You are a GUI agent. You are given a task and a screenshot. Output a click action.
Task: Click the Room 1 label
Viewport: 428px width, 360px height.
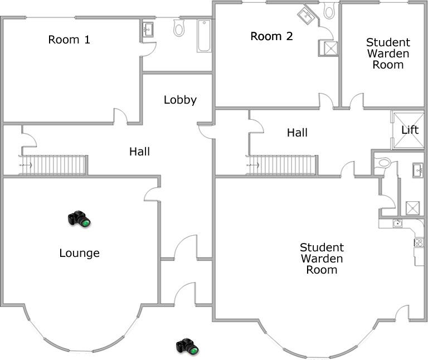pyautogui.click(x=69, y=40)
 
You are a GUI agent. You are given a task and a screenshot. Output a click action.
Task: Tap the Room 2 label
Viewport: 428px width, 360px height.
pyautogui.click(x=271, y=37)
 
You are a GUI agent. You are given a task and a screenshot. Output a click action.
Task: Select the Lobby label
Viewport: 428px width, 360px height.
pyautogui.click(x=180, y=100)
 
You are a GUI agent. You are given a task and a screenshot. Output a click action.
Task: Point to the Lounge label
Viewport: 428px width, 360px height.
pyautogui.click(x=79, y=254)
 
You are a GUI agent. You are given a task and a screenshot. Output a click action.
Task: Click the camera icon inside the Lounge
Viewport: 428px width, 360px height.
pyautogui.click(x=79, y=218)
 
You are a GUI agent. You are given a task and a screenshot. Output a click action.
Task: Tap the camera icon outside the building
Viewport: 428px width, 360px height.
pyautogui.click(x=187, y=346)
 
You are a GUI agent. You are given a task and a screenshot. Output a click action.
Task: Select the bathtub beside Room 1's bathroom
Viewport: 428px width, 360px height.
pyautogui.click(x=204, y=36)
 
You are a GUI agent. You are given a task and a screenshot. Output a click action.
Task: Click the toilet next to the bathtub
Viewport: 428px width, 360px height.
pyautogui.click(x=179, y=28)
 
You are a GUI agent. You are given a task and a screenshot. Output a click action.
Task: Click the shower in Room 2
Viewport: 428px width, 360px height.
pyautogui.click(x=329, y=48)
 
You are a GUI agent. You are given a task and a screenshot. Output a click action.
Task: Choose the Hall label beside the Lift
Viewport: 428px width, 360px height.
pyautogui.click(x=297, y=133)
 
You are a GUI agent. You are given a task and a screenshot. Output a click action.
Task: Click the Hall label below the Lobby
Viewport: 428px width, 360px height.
pyautogui.click(x=139, y=151)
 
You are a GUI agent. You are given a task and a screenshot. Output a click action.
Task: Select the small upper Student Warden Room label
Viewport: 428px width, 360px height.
pyautogui.click(x=388, y=53)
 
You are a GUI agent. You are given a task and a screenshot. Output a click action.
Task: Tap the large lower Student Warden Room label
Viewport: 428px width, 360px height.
pyautogui.click(x=322, y=259)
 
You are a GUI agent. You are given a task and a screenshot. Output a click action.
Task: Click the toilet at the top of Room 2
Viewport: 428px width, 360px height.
pyautogui.click(x=329, y=9)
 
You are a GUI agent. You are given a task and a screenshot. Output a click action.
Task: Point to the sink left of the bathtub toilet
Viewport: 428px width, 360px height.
pyautogui.click(x=148, y=29)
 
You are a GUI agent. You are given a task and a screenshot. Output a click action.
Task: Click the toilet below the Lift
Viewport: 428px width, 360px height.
pyautogui.click(x=383, y=163)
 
